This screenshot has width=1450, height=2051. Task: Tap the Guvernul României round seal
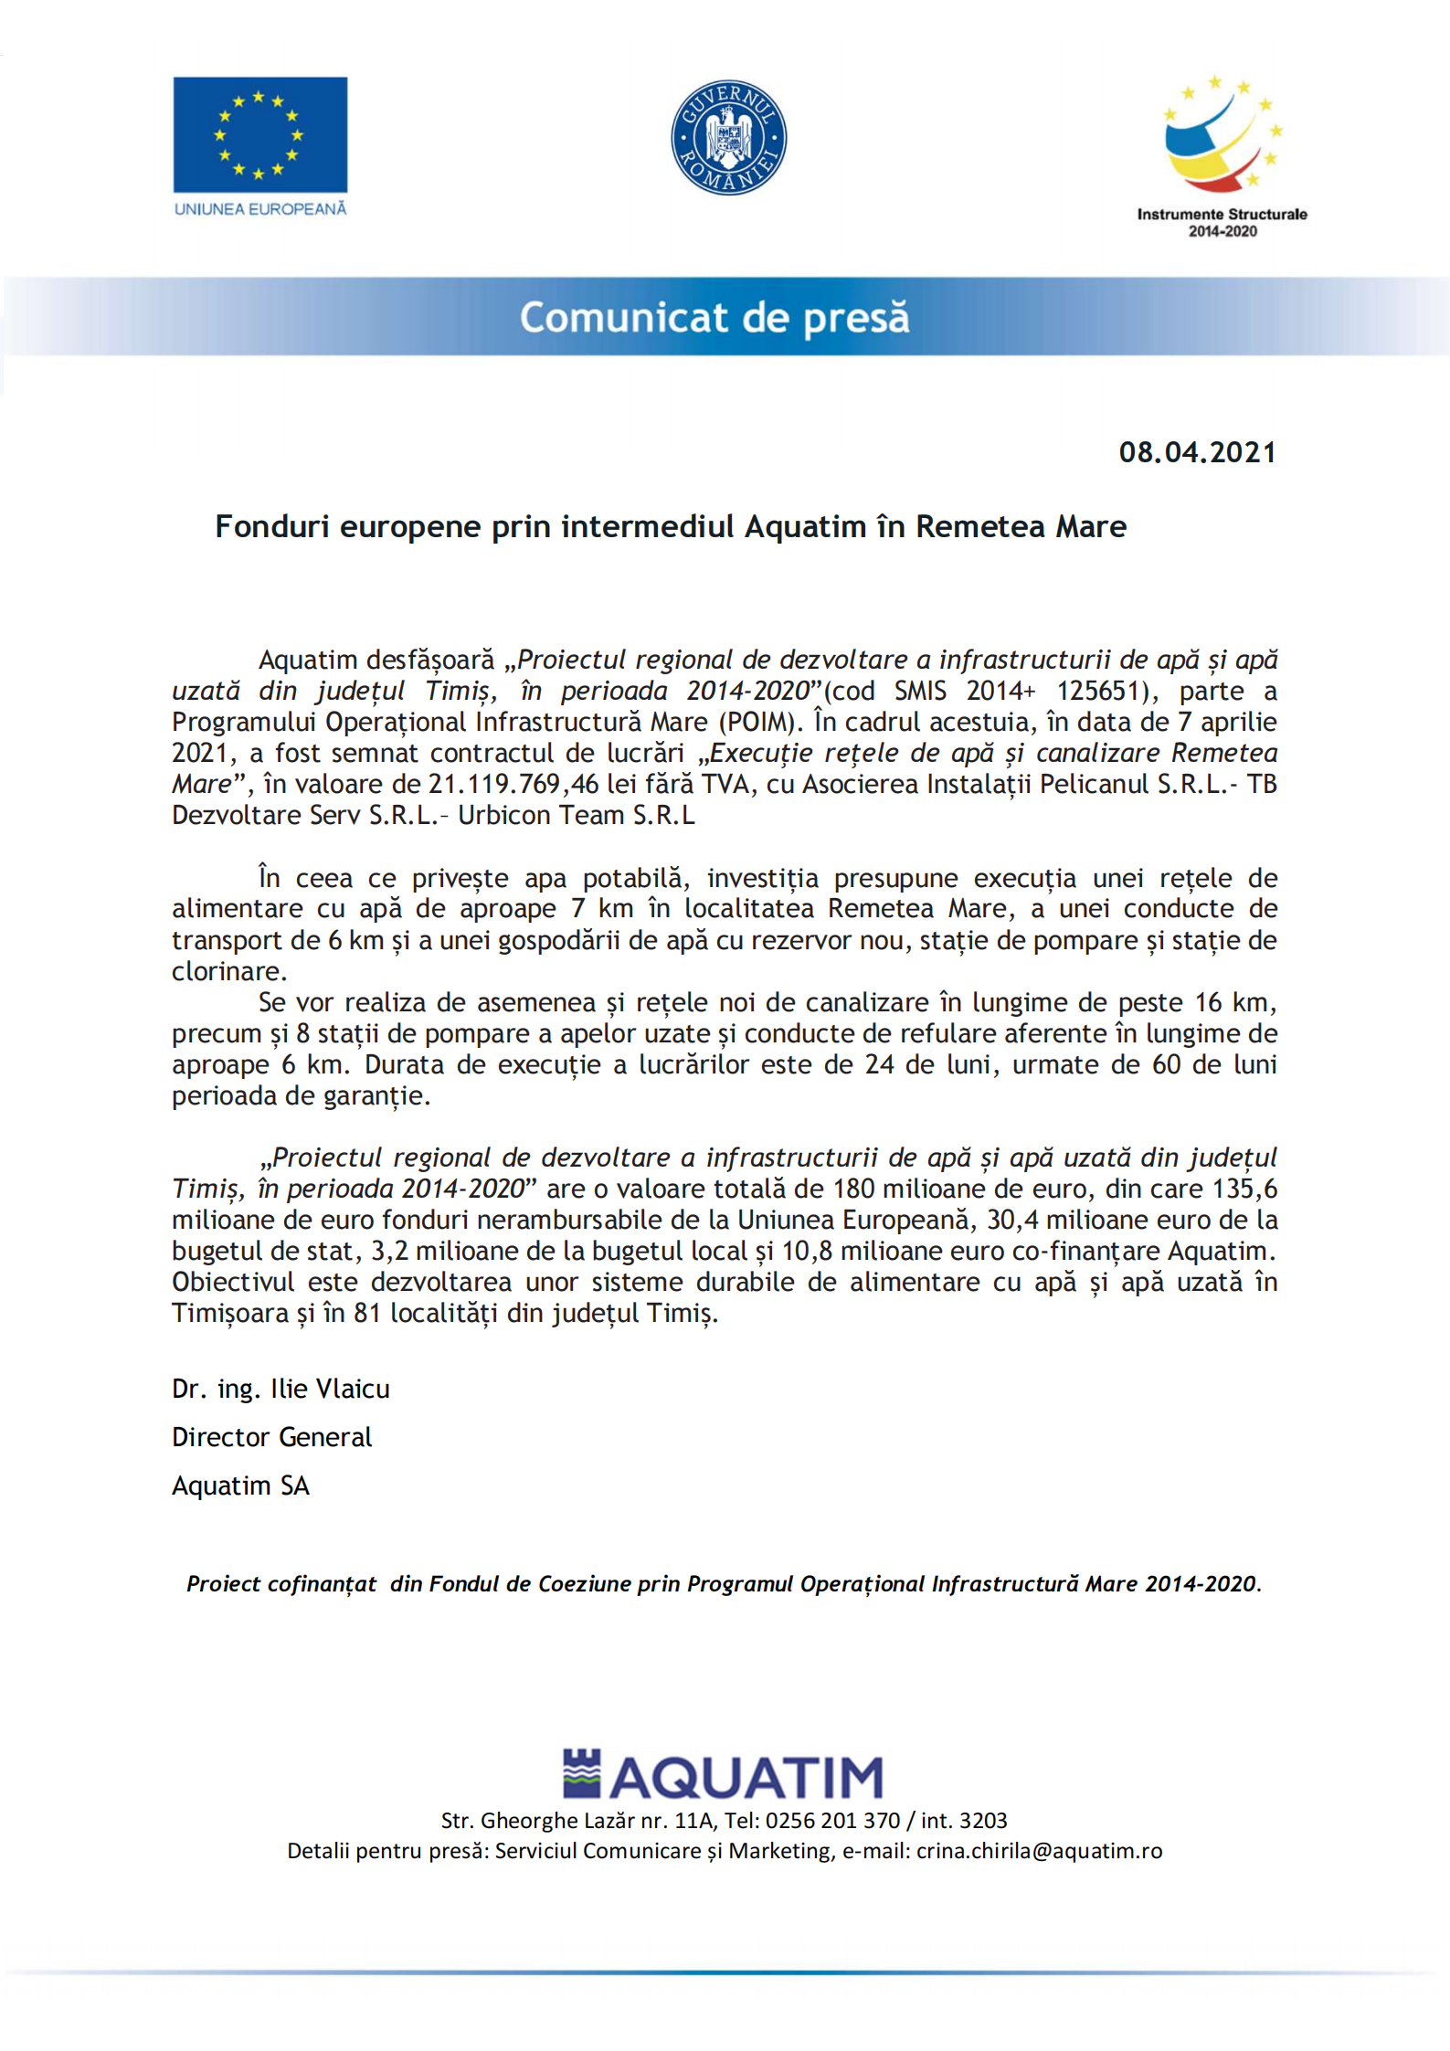728,137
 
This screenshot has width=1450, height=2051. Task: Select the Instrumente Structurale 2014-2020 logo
1222,155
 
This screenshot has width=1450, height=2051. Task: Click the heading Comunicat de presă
714,317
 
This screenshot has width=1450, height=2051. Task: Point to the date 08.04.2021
1197,452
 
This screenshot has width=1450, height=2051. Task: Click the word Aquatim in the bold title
805,527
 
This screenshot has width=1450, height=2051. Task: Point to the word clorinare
229,971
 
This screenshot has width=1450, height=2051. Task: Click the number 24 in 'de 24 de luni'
879,1064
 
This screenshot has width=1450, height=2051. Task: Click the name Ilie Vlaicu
330,1389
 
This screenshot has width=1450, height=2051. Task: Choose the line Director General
271,1437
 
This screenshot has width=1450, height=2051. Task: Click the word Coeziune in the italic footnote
581,1583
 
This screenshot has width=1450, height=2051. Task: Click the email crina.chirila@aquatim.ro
1039,1850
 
